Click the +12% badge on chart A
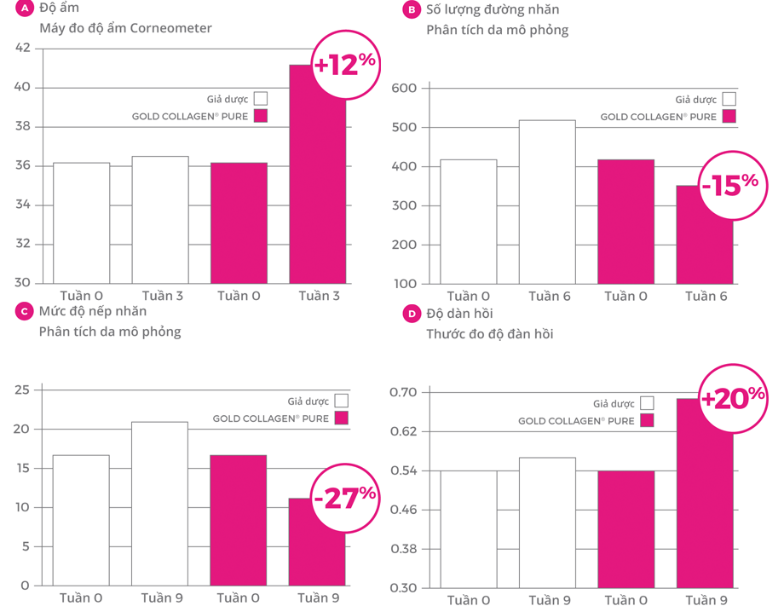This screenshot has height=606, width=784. click(x=345, y=65)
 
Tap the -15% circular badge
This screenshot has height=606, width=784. click(x=729, y=185)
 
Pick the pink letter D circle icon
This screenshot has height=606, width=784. click(x=412, y=314)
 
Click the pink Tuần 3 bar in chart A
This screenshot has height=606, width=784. click(x=317, y=179)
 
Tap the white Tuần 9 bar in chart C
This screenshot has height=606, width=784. click(x=159, y=503)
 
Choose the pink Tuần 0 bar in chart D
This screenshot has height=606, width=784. click(x=625, y=528)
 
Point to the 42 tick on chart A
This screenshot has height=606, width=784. click(x=22, y=48)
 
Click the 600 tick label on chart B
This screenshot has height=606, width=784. click(x=403, y=89)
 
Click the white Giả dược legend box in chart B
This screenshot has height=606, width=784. click(x=729, y=99)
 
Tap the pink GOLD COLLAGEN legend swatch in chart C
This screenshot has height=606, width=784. click(x=342, y=418)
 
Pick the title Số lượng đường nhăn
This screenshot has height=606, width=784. click(x=493, y=10)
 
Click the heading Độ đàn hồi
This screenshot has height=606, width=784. click(x=459, y=314)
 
